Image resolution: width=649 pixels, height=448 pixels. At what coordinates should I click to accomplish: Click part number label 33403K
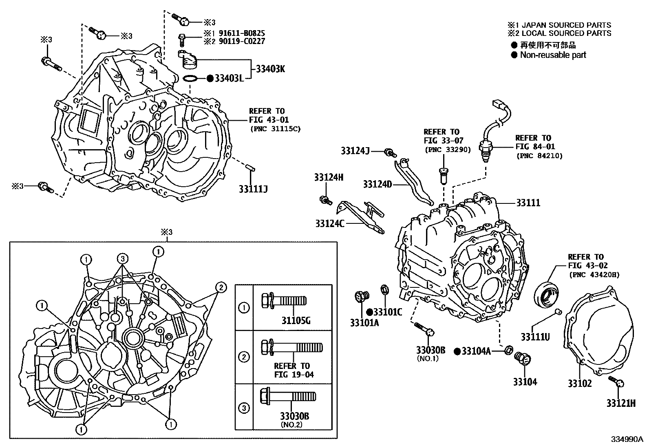tap(270, 69)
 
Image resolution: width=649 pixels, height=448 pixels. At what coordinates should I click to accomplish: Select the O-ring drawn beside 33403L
tap(190, 78)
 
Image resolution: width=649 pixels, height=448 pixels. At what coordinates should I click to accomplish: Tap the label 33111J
tap(253, 189)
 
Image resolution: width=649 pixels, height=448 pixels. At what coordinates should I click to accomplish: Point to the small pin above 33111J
tap(250, 167)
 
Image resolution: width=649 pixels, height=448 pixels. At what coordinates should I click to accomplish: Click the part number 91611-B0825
tap(241, 33)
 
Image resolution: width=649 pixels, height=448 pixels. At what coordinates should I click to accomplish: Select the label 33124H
tap(329, 177)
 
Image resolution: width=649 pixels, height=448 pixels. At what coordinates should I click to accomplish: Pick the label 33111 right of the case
tap(528, 203)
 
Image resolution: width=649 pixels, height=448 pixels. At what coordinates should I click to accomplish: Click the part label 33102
tap(580, 384)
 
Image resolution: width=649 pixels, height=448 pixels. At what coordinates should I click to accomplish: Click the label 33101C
tap(387, 312)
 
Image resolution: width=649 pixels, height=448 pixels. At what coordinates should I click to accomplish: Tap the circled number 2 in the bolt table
tap(244, 358)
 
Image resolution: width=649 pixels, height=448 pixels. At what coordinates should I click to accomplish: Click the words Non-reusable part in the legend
tap(553, 55)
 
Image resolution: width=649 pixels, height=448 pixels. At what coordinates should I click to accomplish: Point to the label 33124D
tap(377, 185)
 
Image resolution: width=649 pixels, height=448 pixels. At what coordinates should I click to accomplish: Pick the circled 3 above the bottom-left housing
tap(123, 258)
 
